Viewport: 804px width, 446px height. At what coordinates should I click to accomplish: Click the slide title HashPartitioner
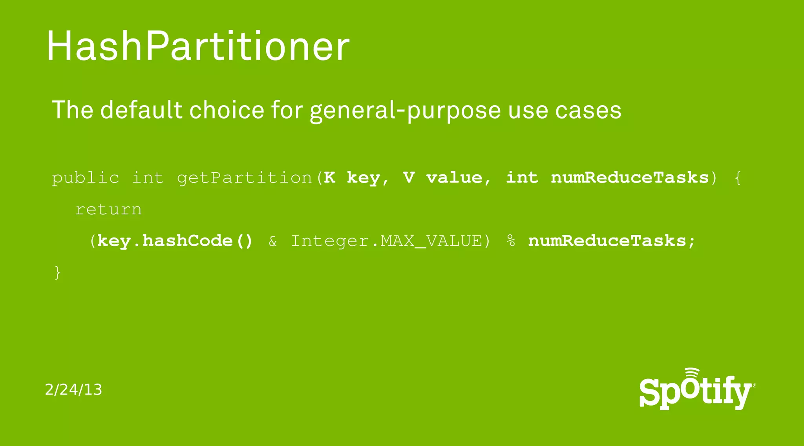click(x=198, y=46)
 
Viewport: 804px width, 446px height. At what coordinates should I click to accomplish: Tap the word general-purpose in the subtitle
click(x=405, y=111)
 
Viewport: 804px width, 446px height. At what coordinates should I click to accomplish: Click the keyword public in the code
click(x=86, y=178)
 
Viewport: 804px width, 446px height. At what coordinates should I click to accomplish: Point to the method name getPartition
click(x=244, y=178)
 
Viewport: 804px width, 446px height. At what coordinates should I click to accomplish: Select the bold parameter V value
click(x=443, y=178)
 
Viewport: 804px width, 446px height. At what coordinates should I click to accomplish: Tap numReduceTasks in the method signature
click(x=630, y=177)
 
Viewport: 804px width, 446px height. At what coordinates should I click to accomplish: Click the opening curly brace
click(x=737, y=178)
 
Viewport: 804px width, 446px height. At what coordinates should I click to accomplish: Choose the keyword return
click(x=108, y=209)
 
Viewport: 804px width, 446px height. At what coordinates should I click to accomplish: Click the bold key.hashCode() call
click(x=175, y=241)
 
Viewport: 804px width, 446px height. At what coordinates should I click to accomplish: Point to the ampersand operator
click(x=273, y=241)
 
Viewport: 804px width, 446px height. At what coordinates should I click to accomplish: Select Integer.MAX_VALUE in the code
click(x=386, y=241)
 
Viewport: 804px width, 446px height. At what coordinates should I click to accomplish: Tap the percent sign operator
click(x=511, y=241)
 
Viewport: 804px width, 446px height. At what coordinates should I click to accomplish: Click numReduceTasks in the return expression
click(x=607, y=241)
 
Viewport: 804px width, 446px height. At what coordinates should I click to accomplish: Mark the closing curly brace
click(x=58, y=272)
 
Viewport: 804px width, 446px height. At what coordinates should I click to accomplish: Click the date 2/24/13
click(x=73, y=389)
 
